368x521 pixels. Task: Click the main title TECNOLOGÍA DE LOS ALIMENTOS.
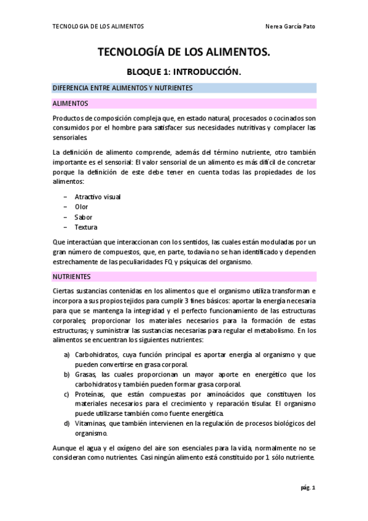[x=184, y=53]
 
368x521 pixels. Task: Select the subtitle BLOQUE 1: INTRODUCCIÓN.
[x=184, y=72]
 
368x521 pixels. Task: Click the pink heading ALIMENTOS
[x=71, y=103]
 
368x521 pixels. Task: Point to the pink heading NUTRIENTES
[x=72, y=276]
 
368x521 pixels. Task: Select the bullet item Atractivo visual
[x=98, y=197]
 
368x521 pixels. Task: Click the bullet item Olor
[x=82, y=207]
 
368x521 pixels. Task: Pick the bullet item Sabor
[x=84, y=217]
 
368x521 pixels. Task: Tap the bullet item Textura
[x=86, y=227]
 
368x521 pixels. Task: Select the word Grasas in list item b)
[x=85, y=375]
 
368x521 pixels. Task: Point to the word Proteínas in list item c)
[x=90, y=394]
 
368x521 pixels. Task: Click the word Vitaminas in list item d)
[x=91, y=423]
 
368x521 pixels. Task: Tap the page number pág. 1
[x=307, y=488]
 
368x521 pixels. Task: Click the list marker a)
[x=66, y=355]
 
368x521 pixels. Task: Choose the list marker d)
[x=66, y=423]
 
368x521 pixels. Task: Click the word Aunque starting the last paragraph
[x=65, y=448]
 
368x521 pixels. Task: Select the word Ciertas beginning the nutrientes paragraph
[x=65, y=291]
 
